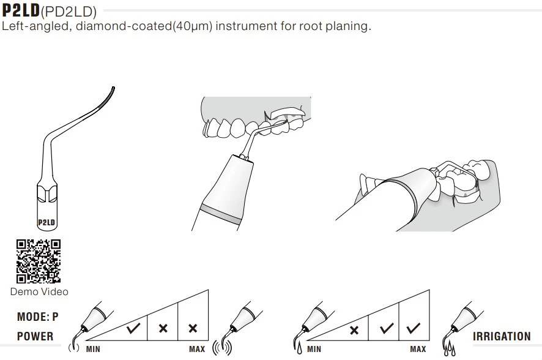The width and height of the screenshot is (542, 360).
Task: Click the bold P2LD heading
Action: point(21,11)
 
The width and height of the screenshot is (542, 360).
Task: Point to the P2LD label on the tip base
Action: point(47,222)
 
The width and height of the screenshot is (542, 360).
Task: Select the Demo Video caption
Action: point(39,292)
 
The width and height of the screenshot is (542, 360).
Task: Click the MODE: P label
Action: point(38,317)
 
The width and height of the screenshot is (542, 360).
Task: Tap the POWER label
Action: point(35,336)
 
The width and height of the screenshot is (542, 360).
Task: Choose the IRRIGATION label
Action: point(502,336)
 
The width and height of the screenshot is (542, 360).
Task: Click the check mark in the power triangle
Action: point(133,328)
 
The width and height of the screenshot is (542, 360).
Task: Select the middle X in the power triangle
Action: point(163,328)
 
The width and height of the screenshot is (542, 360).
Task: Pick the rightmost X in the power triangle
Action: point(193,328)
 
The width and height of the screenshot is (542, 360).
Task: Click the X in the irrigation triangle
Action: point(354,331)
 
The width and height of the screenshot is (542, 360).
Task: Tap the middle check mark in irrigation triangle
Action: point(385,328)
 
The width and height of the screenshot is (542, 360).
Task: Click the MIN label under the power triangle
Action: point(93,349)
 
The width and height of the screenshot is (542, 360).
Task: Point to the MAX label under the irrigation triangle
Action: point(418,349)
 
